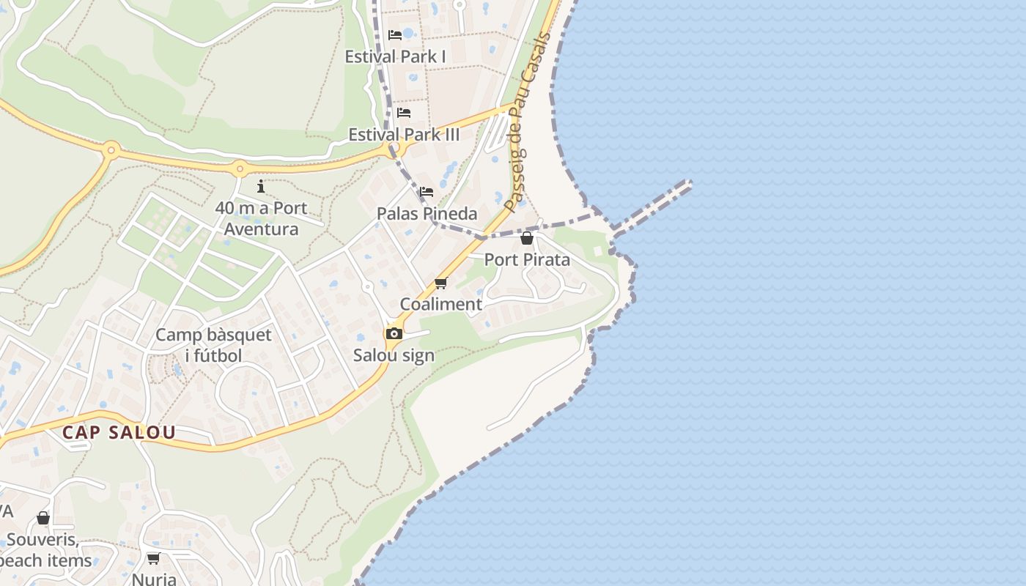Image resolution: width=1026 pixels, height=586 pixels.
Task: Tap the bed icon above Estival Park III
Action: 404,113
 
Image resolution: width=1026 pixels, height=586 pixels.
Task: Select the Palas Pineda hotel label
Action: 427,214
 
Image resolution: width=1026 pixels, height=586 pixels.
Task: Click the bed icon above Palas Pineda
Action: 427,193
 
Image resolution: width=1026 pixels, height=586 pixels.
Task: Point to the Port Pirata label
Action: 527,259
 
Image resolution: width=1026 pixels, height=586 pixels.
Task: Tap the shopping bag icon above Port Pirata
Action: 526,238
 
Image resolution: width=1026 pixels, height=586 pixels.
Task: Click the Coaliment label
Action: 440,304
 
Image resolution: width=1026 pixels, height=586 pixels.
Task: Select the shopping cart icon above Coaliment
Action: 440,283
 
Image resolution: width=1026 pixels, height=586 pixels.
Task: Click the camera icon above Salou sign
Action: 394,334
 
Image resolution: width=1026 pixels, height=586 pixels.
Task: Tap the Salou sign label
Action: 394,355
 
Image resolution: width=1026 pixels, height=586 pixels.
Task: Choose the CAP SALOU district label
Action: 119,432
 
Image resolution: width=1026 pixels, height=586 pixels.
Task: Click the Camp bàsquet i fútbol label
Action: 213,346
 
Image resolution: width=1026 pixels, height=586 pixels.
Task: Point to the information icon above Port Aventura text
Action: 261,187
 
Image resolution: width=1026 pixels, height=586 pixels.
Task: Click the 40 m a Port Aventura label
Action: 261,218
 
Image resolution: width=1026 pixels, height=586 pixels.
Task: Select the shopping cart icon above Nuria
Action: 153,559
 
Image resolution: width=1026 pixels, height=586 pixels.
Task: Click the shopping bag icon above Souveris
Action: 43,519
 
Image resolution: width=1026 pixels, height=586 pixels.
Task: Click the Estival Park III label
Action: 404,135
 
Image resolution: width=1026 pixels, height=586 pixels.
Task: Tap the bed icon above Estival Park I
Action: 395,34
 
